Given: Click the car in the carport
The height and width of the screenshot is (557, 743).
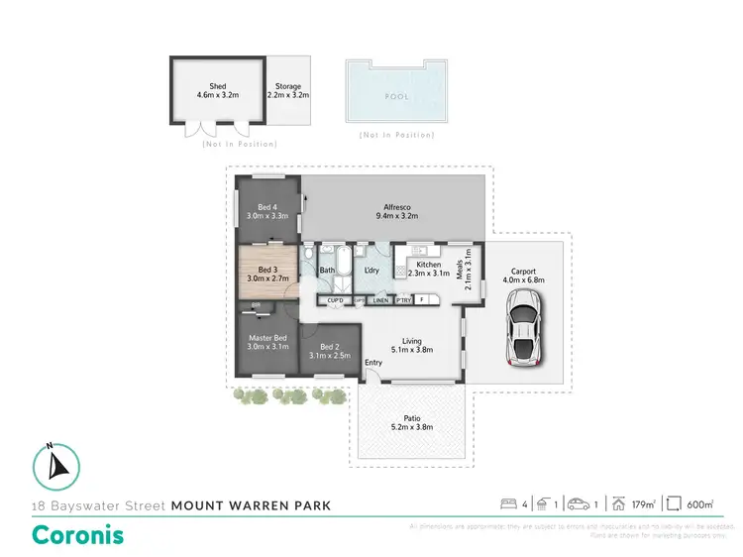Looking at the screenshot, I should pyautogui.click(x=522, y=333).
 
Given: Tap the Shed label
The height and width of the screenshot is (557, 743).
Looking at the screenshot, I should pyautogui.click(x=217, y=86).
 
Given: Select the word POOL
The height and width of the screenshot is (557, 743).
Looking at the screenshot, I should pyautogui.click(x=396, y=97).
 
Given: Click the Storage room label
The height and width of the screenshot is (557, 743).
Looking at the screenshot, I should pyautogui.click(x=288, y=86).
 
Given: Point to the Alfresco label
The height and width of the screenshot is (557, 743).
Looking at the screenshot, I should pyautogui.click(x=396, y=205).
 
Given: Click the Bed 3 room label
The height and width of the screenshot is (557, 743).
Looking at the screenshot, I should pyautogui.click(x=266, y=270).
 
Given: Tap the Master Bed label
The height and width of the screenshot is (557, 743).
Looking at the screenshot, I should pyautogui.click(x=266, y=338).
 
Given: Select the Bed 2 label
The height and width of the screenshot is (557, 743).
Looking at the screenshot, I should pyautogui.click(x=330, y=346).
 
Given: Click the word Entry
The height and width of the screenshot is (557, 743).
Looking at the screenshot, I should pyautogui.click(x=373, y=362).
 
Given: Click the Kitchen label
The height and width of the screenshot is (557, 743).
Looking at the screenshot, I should pyautogui.click(x=428, y=265).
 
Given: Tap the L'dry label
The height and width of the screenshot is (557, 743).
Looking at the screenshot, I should pyautogui.click(x=372, y=270).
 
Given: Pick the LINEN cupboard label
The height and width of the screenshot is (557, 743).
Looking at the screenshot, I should pyautogui.click(x=380, y=299).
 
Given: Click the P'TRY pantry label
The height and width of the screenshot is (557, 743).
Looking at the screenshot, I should pyautogui.click(x=403, y=299).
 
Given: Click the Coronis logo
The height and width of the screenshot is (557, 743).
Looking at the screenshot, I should pyautogui.click(x=78, y=535).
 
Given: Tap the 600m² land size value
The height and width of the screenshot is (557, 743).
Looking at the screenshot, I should pyautogui.click(x=699, y=504).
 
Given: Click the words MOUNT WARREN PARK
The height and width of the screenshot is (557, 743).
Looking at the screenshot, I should pyautogui.click(x=251, y=504).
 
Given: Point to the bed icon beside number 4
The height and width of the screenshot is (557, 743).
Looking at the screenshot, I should pyautogui.click(x=509, y=504).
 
